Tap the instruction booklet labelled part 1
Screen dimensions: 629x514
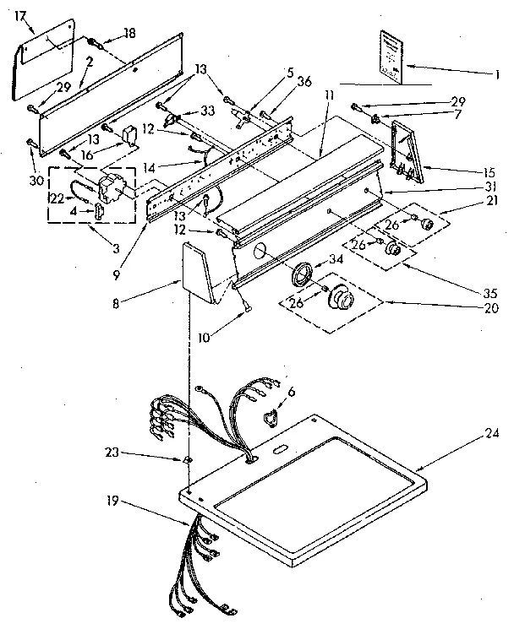point(390,57)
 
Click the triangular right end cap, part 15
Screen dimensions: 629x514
point(407,154)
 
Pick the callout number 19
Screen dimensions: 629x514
point(111,502)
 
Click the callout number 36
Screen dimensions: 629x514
point(305,81)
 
